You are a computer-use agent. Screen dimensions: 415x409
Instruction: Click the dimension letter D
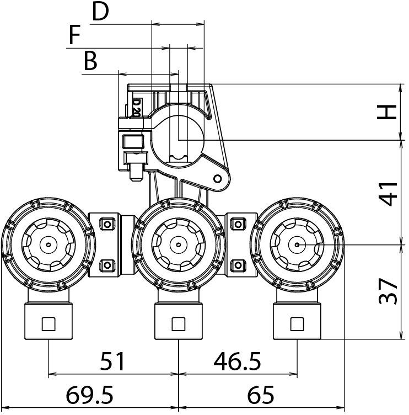coord(100,12)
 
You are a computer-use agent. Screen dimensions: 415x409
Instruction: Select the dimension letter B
coord(90,62)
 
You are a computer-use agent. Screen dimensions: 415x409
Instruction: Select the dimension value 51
coord(112,362)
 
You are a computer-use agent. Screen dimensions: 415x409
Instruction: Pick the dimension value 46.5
coord(238,362)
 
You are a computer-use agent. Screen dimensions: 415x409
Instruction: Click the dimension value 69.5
coord(90,396)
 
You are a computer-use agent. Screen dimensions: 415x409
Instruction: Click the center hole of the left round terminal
coord(49,244)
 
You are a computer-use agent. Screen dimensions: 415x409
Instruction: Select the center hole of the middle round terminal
coord(178,244)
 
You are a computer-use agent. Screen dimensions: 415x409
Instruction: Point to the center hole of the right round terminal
coord(297,244)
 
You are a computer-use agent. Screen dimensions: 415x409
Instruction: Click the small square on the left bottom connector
coord(49,323)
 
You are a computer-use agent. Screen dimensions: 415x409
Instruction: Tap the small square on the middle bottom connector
coord(178,323)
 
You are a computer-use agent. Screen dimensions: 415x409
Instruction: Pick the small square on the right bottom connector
coord(297,323)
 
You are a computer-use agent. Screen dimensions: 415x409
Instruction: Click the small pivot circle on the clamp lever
coord(218,178)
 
